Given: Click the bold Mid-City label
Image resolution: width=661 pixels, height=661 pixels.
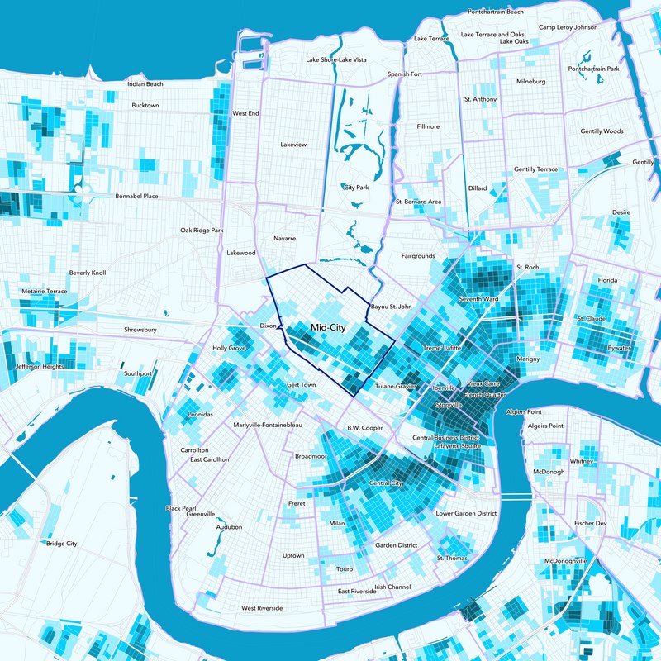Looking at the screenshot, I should (x=328, y=328).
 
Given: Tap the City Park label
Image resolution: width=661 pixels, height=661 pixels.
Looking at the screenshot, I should (x=355, y=188).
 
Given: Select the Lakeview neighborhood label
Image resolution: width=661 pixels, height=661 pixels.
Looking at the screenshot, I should (x=293, y=145).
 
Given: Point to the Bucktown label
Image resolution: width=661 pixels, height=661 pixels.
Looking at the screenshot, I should (x=145, y=105).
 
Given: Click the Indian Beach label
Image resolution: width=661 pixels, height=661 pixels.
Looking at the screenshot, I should (x=145, y=84).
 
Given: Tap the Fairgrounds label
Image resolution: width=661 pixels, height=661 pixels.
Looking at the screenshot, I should (x=418, y=256).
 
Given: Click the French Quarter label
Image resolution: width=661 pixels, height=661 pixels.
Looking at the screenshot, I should (x=484, y=396).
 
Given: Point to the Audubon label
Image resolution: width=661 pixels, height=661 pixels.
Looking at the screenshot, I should (x=229, y=526).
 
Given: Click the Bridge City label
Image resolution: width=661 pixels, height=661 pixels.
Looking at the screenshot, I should (x=61, y=544).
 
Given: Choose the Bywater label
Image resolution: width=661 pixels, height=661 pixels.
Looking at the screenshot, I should (x=619, y=349).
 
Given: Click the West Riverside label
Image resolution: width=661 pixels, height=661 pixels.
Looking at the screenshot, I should (x=262, y=608).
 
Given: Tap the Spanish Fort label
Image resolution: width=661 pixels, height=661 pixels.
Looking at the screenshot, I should (x=405, y=74).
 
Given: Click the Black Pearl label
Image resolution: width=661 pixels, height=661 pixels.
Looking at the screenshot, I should (x=180, y=508).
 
